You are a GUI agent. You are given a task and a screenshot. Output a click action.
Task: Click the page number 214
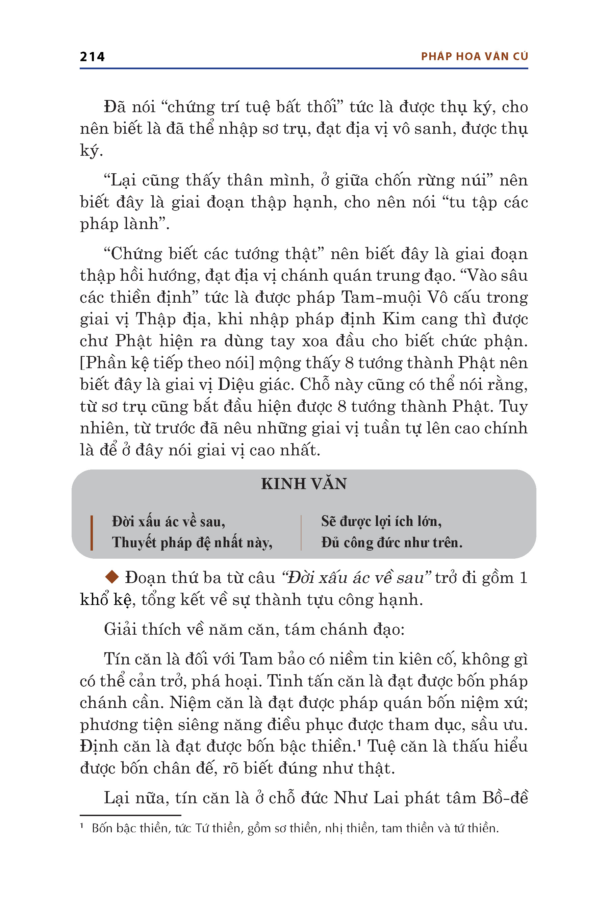pos(92,57)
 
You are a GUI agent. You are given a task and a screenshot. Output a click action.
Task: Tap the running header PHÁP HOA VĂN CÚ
pos(474,57)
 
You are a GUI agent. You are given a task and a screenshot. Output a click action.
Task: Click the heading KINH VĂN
pos(304,484)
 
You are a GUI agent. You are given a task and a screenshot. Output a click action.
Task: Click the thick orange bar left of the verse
pos(92,532)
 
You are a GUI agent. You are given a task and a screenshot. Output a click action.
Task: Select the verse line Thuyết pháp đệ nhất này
pos(192,542)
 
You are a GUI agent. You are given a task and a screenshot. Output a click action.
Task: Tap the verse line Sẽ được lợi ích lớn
pos(381,521)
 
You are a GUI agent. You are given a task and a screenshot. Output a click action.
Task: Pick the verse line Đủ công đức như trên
pos(391,542)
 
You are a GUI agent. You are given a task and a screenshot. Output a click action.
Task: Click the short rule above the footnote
pos(130,815)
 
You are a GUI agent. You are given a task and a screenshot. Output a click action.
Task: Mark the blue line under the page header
pos(304,69)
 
